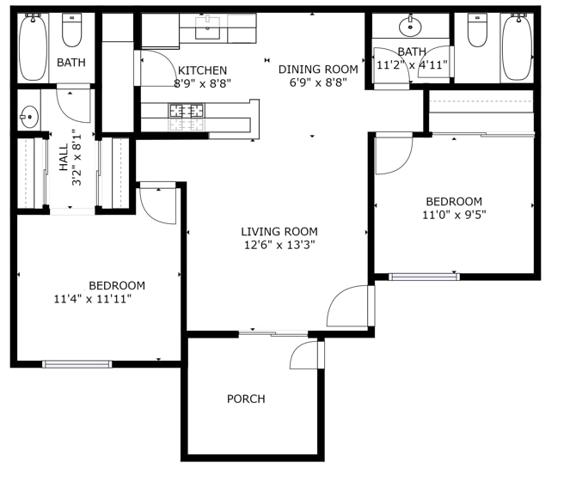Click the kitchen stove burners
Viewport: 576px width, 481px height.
point(186,110)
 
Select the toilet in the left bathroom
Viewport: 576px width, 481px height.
point(71,30)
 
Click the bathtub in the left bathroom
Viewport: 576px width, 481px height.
point(34,47)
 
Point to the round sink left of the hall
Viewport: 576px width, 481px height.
point(28,114)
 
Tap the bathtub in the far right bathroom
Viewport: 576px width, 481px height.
point(517,47)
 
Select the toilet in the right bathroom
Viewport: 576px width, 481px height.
point(477,30)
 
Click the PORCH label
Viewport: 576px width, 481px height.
point(246,399)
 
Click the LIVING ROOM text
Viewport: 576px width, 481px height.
point(279,231)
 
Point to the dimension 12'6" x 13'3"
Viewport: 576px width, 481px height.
point(279,245)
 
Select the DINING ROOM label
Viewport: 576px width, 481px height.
point(317,70)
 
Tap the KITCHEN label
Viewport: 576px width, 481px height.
point(202,70)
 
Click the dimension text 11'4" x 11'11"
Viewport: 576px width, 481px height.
point(92,299)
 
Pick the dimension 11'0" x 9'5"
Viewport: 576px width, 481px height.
point(455,216)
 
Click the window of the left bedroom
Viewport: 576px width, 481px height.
point(77,364)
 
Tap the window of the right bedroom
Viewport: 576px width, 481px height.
point(424,277)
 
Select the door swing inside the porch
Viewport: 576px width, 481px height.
point(304,355)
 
